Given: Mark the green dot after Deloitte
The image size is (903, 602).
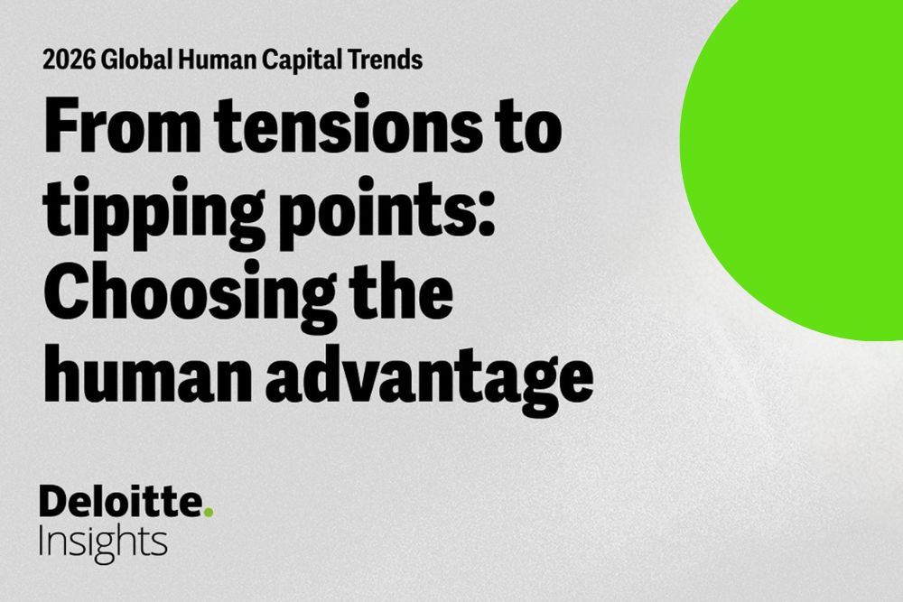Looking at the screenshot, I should [208, 513].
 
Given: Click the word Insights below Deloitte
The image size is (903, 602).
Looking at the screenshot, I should [103, 542].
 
